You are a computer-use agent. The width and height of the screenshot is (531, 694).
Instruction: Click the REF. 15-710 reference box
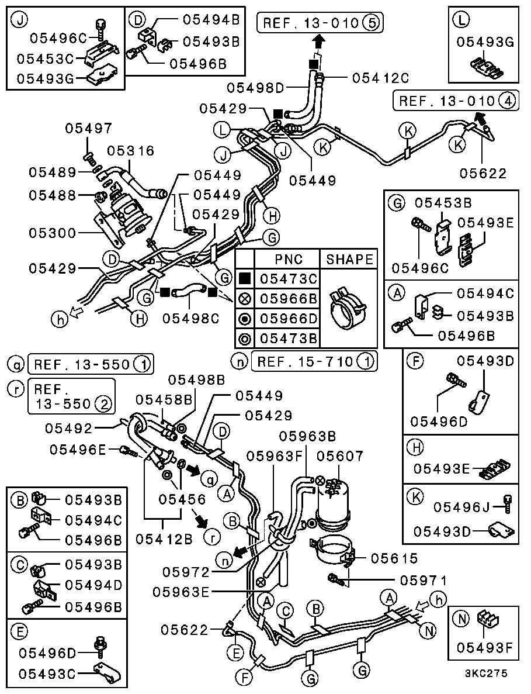point(314,362)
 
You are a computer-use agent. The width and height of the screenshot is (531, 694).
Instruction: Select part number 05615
point(394,558)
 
